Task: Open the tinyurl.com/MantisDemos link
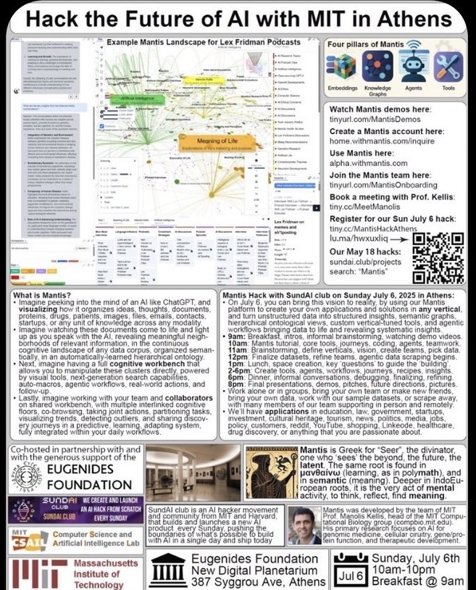pos(377,120)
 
